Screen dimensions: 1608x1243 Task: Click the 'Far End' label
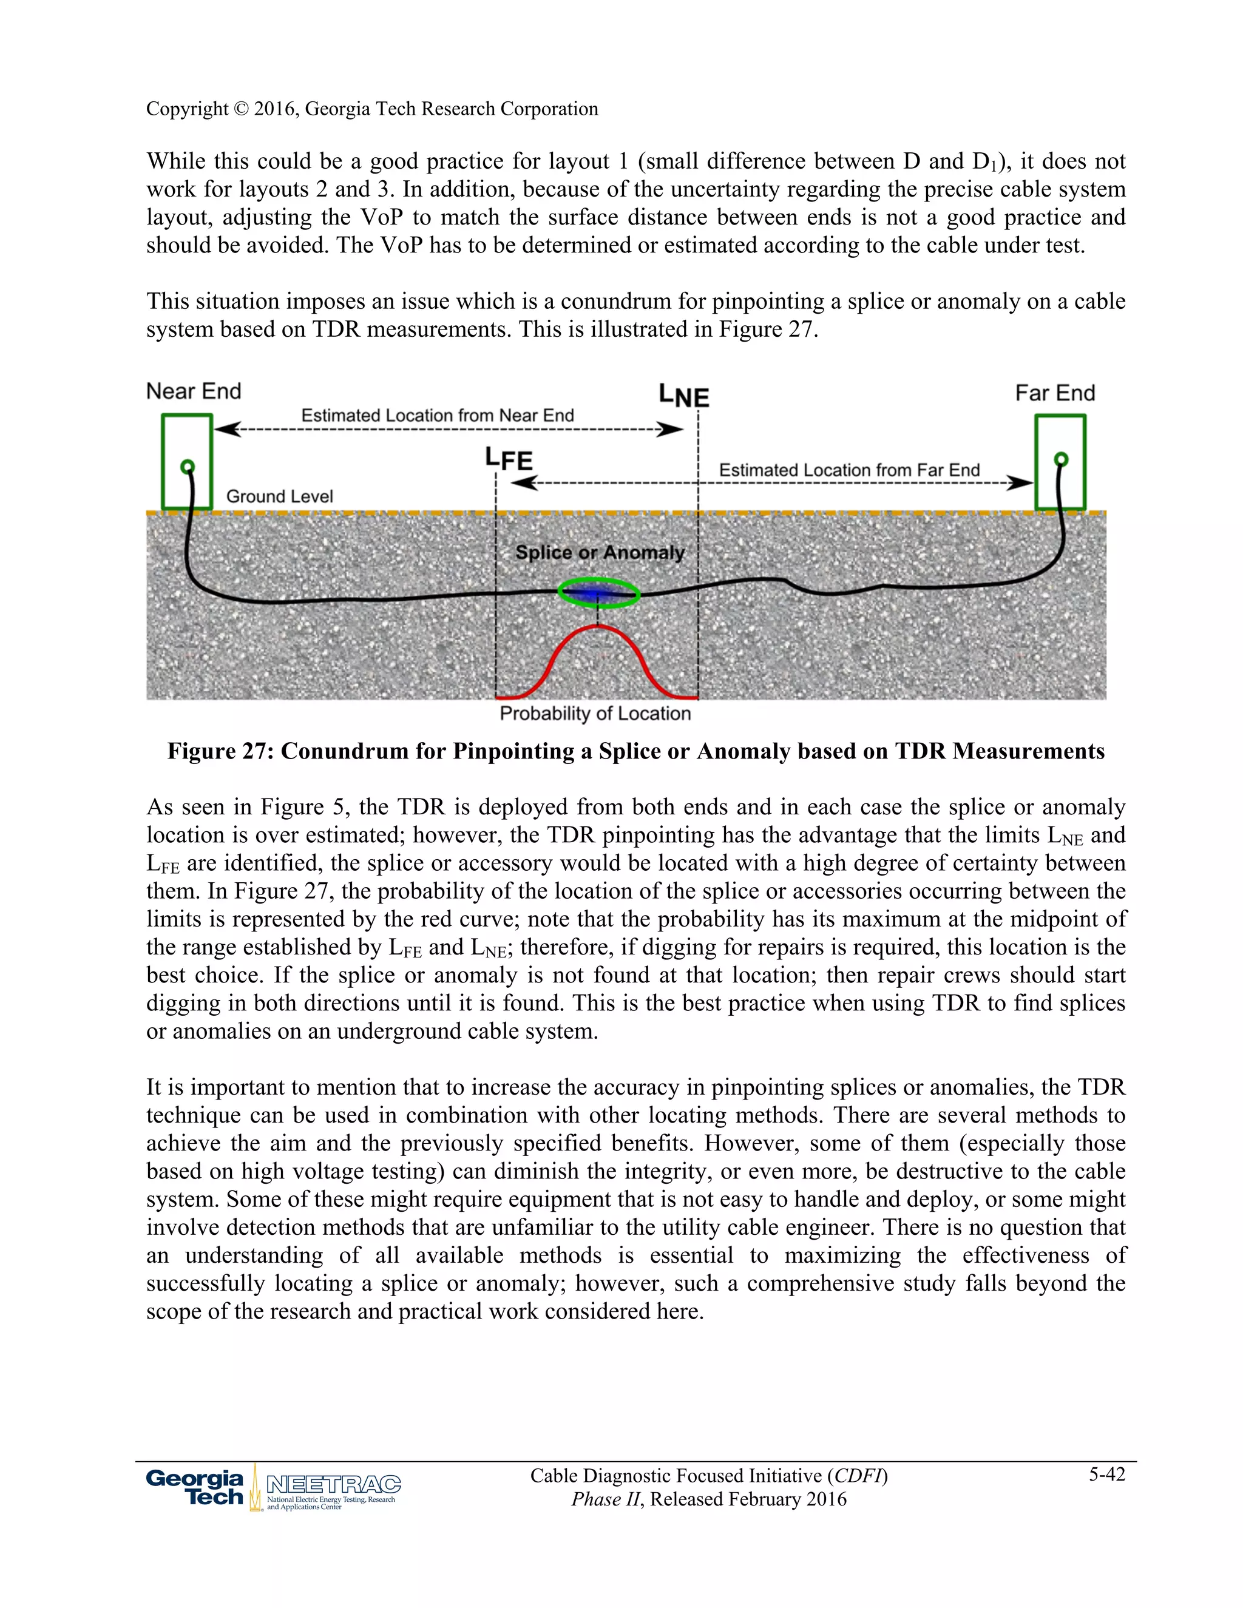(x=1054, y=393)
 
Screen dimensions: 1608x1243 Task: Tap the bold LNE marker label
(x=683, y=396)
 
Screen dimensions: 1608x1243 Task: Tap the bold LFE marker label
(x=508, y=459)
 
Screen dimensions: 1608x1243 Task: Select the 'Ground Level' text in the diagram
(x=279, y=496)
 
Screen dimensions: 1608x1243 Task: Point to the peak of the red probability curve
(x=597, y=627)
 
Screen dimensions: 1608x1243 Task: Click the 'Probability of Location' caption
(x=595, y=714)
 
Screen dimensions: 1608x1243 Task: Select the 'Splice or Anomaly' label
(x=600, y=552)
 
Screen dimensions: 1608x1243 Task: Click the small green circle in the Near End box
(x=187, y=466)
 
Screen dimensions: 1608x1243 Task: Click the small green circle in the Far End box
(x=1061, y=459)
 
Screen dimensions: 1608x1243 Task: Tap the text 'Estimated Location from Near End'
(x=438, y=415)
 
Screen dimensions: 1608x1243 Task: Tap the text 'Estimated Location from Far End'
(x=849, y=470)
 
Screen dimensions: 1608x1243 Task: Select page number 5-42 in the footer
(x=1107, y=1474)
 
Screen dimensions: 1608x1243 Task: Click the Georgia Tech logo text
(x=195, y=1487)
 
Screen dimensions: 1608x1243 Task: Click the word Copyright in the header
(x=187, y=109)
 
